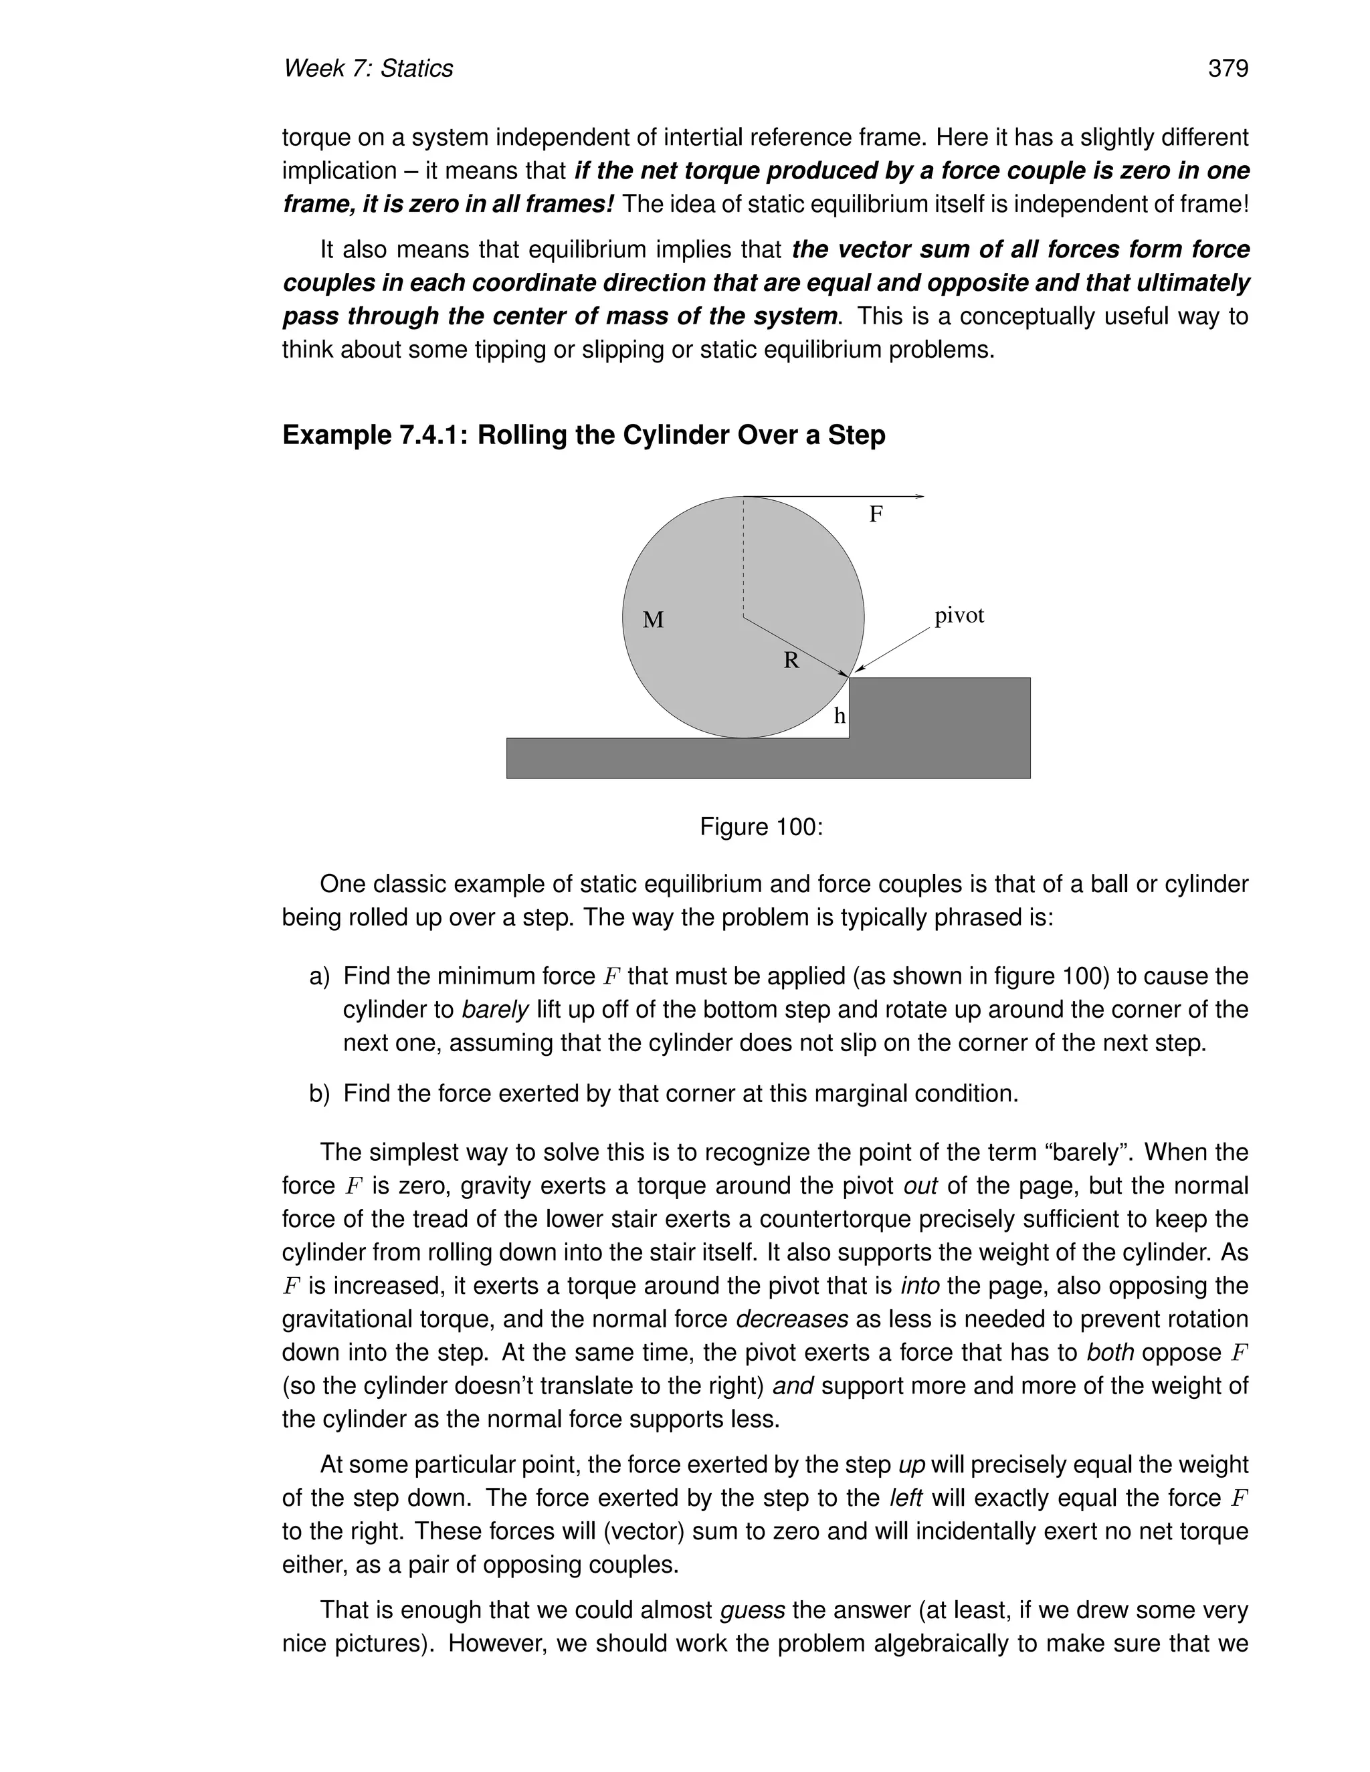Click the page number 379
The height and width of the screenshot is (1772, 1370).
pos(1227,68)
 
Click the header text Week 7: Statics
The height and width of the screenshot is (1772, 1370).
pos(368,68)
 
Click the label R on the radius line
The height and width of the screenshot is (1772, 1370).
pos(791,661)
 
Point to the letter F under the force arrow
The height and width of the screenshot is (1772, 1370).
pos(876,514)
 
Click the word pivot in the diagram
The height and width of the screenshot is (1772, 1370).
pos(959,616)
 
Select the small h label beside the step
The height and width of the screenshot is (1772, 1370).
pos(840,715)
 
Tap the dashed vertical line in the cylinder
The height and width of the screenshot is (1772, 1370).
pos(743,560)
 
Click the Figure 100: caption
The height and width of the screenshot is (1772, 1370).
pos(761,826)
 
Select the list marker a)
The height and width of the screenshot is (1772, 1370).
pos(320,976)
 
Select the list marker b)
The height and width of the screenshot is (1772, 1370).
pos(320,1094)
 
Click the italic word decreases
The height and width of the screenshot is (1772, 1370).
pos(791,1319)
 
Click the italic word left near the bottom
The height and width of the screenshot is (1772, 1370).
pos(906,1498)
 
